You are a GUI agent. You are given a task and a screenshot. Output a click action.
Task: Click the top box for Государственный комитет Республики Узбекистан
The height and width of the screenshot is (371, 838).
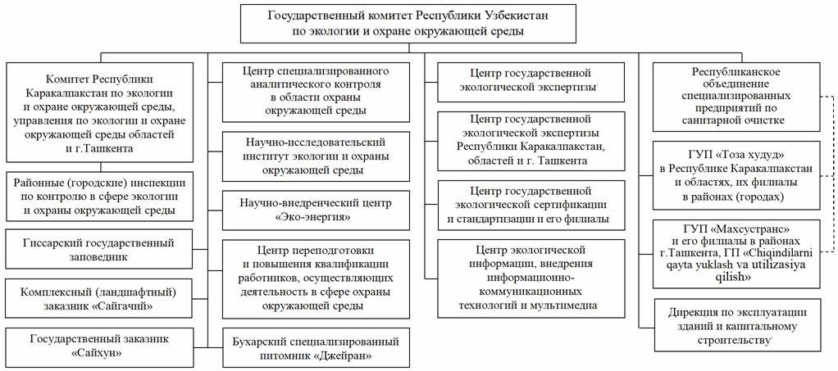point(408,24)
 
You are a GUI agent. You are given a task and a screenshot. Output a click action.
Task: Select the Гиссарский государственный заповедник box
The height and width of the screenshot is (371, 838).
point(99,250)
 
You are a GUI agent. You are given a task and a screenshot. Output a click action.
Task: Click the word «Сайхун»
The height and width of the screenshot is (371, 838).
point(99,353)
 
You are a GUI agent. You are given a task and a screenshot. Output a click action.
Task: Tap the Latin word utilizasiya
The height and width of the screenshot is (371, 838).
point(783,265)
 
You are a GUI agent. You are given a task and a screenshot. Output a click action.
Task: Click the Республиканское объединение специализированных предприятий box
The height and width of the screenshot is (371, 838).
point(736,97)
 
